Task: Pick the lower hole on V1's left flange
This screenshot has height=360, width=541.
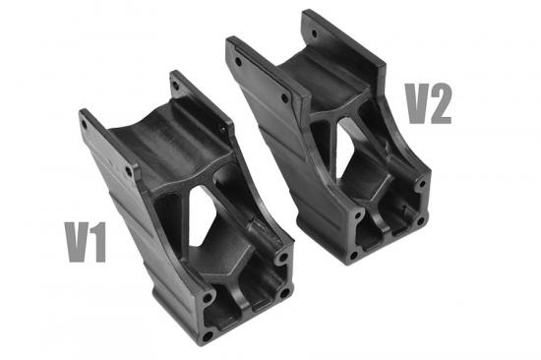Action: [x=128, y=169]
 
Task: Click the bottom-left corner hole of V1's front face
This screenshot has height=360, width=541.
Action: [x=208, y=334]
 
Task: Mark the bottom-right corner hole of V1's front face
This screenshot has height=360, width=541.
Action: [x=284, y=292]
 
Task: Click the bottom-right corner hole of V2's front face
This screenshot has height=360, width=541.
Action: [x=420, y=220]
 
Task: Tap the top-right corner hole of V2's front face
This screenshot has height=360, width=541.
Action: [x=421, y=183]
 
